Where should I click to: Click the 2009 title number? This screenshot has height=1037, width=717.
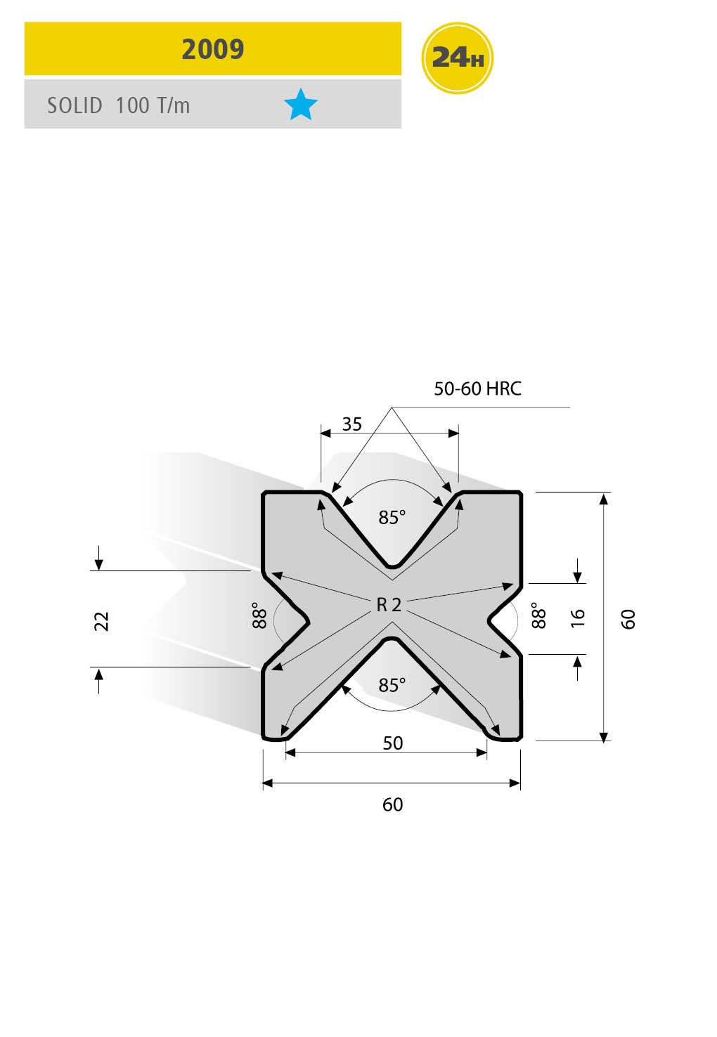click(x=212, y=49)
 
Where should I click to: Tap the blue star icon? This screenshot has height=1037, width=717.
click(x=301, y=105)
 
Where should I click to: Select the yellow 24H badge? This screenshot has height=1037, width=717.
click(x=457, y=58)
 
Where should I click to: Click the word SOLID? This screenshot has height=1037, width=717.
click(x=75, y=105)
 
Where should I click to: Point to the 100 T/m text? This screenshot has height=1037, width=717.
click(x=153, y=105)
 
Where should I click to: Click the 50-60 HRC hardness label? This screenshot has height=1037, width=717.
click(x=477, y=389)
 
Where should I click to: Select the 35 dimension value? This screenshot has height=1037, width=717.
click(x=352, y=424)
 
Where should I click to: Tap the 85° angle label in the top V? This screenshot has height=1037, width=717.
click(x=392, y=517)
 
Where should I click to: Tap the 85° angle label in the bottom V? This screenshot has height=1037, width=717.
click(x=392, y=685)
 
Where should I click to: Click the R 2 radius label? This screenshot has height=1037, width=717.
click(x=389, y=605)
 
